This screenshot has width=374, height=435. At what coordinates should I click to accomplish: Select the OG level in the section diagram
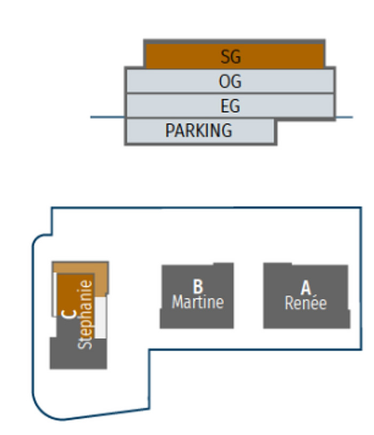pyautogui.click(x=230, y=82)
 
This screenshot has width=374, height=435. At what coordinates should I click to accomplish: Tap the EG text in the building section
pyautogui.click(x=230, y=106)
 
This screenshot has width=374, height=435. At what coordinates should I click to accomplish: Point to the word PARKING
pyautogui.click(x=198, y=131)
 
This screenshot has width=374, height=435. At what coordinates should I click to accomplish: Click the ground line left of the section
pyautogui.click(x=107, y=117)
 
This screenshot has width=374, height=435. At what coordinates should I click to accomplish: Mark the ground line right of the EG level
pyautogui.click(x=345, y=117)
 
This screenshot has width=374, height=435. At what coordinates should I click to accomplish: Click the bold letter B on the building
pyautogui.click(x=198, y=287)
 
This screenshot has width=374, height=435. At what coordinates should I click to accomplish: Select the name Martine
pyautogui.click(x=198, y=302)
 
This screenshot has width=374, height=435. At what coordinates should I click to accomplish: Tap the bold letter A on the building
pyautogui.click(x=306, y=288)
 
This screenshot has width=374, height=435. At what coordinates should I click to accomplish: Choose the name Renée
pyautogui.click(x=306, y=303)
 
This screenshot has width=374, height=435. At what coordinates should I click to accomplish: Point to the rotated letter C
pyautogui.click(x=68, y=314)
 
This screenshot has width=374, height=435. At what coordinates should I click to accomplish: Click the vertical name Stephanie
pyautogui.click(x=85, y=314)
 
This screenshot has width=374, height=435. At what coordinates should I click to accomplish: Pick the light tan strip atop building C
pyautogui.click(x=80, y=267)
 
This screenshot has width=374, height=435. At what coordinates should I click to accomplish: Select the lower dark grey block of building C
pyautogui.click(x=78, y=353)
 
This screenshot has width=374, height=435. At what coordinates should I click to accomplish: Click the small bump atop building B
pyautogui.click(x=223, y=264)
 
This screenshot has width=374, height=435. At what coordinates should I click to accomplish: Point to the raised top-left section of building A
pyautogui.click(x=278, y=264)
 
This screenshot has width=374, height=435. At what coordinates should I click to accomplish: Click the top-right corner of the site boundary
pyautogui.click(x=361, y=208)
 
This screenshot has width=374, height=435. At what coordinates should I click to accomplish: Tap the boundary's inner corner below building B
pyautogui.click(x=149, y=350)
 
